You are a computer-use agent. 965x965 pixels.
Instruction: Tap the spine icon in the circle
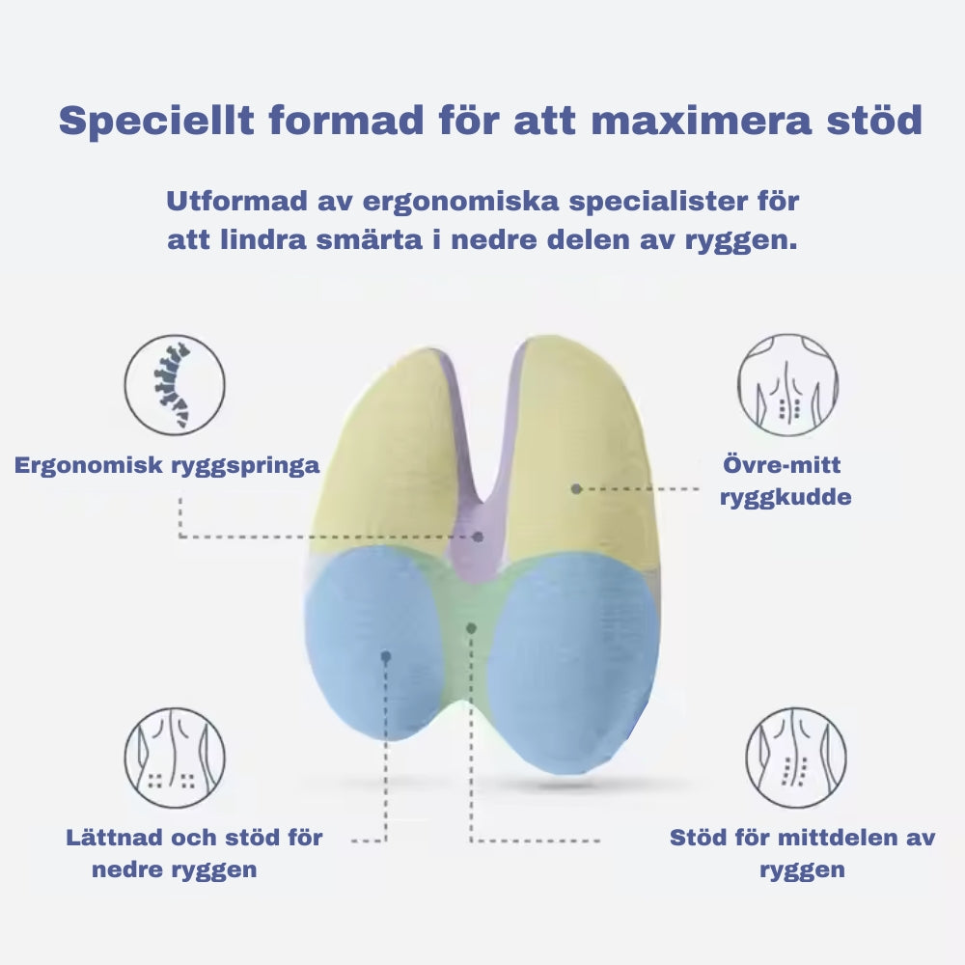point(174,385)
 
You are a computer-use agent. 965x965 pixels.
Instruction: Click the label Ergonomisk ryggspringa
point(167,465)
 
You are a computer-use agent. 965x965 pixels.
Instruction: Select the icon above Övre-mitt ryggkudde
point(787,385)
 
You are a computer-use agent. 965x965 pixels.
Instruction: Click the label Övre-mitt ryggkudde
point(785,482)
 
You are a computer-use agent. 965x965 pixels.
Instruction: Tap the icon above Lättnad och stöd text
point(174,758)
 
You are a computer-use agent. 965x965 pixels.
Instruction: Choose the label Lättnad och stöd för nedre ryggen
point(193,852)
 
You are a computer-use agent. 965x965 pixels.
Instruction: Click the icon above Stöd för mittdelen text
point(795,758)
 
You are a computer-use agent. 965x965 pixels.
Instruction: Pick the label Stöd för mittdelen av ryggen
point(802,852)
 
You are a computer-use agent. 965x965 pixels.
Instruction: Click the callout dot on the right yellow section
point(576,489)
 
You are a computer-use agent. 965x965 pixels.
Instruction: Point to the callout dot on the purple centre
point(479,537)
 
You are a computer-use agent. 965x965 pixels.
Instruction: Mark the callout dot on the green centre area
point(471,628)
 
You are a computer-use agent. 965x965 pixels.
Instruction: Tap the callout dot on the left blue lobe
point(385,656)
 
